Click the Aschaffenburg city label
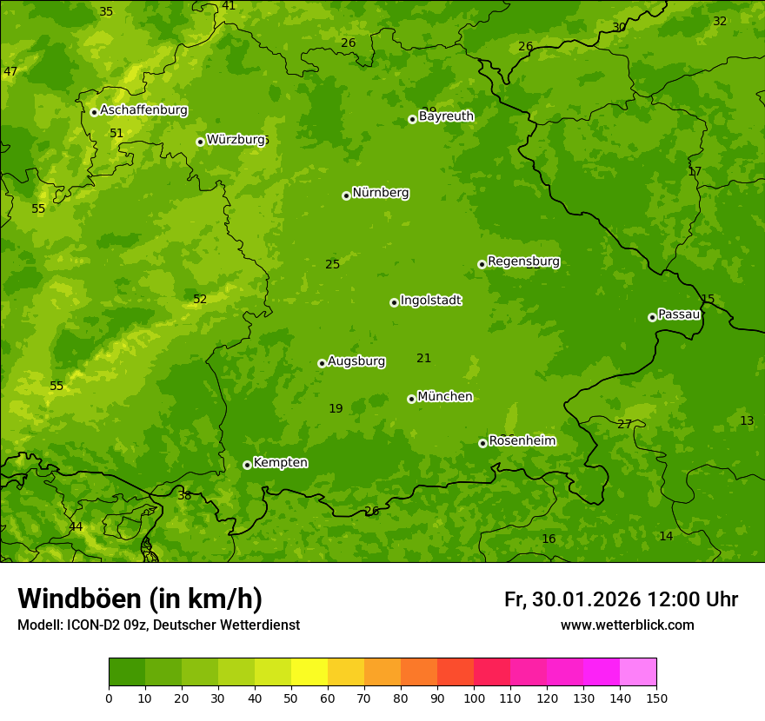coord(143,110)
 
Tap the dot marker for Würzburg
coord(200,142)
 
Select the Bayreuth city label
coord(446,116)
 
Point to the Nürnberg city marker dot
coord(346,195)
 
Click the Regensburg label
coord(523,261)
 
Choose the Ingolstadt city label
coord(430,301)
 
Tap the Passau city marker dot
coord(652,317)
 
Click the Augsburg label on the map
coord(356,360)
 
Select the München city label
coord(445,396)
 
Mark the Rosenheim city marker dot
coord(482,443)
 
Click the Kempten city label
coord(280,462)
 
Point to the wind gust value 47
coord(10,71)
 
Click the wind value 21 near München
coord(423,358)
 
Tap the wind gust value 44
coord(76,526)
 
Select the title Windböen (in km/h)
coord(140,599)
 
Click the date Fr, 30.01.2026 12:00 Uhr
coord(621,599)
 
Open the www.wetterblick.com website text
coord(627,625)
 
